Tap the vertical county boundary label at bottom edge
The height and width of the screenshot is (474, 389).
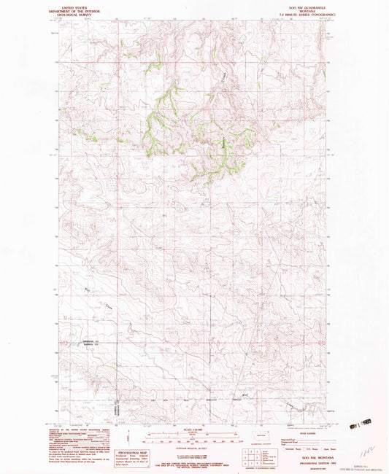pos(115,411)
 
